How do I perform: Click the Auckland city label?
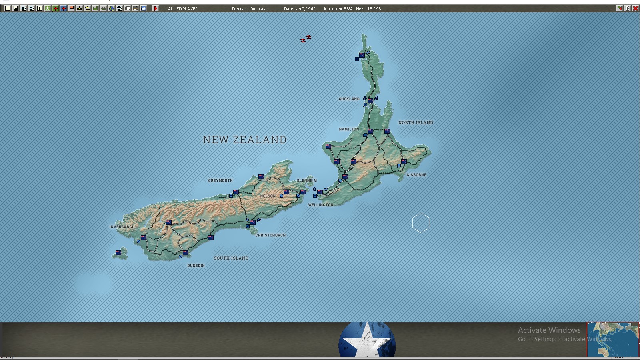coord(349,99)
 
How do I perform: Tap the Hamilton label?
coord(349,129)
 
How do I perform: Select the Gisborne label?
coord(416,175)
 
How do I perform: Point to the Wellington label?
coord(320,205)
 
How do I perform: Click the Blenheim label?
coord(307,180)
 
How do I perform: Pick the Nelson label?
coord(268,196)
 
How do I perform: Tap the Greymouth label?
coord(220,180)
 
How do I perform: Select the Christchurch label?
coord(270,235)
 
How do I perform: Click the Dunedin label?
coord(196,266)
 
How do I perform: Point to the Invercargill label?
coord(123,227)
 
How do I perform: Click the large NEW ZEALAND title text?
coord(244,140)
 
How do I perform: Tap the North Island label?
coord(416,122)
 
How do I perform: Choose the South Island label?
coord(231,258)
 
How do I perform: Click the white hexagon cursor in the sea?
coord(420,223)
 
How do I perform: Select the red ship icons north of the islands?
coord(306,39)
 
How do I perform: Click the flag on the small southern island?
coord(118,253)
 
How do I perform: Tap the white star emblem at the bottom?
coord(367,340)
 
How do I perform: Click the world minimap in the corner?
coord(613,340)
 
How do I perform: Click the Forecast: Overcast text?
coord(249,9)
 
